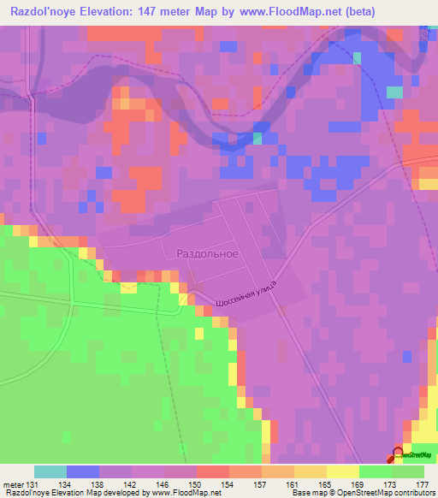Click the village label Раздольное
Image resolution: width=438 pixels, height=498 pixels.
tap(207, 254)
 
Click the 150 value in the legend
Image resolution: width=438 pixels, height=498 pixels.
tap(197, 483)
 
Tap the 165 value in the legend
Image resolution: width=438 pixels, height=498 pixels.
tap(324, 483)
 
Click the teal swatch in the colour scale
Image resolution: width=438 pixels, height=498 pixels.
tap(50, 471)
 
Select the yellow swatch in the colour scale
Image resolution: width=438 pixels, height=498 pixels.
tap(342, 471)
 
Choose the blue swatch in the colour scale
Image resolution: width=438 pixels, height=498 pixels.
tap(83, 471)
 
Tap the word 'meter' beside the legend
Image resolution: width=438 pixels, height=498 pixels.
tap(12, 483)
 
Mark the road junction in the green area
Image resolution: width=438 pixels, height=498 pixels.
tap(74, 304)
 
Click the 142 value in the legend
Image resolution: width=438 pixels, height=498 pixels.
tap(133, 483)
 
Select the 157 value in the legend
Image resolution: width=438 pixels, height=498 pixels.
tap(260, 483)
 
